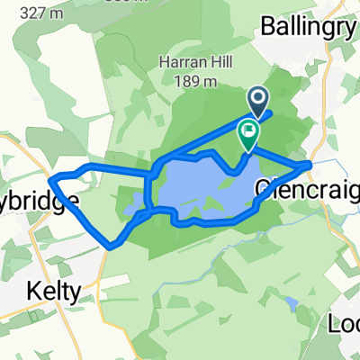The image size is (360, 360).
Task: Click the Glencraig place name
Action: pyautogui.click(x=307, y=190)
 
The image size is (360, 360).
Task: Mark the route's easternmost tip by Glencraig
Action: pyautogui.click(x=310, y=164)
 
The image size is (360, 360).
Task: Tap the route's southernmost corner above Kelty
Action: pyautogui.click(x=110, y=247)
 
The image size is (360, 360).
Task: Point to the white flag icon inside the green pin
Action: pyautogui.click(x=247, y=130)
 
